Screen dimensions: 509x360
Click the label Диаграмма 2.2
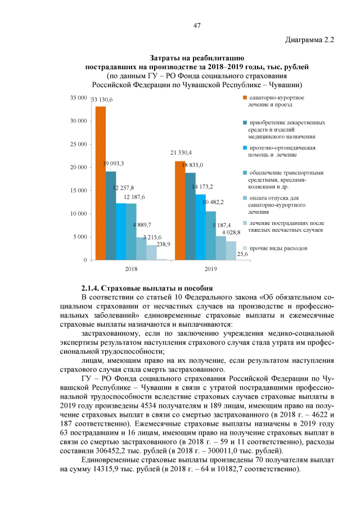click(x=310, y=40)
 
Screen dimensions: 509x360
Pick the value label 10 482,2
click(x=213, y=202)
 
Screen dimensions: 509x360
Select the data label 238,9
click(x=164, y=245)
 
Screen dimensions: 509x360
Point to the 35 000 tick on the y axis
click(x=77, y=98)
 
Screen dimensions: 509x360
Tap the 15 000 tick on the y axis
click(x=77, y=191)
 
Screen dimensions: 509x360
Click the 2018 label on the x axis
click(x=130, y=269)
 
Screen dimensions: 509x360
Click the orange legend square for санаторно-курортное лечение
click(x=245, y=98)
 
